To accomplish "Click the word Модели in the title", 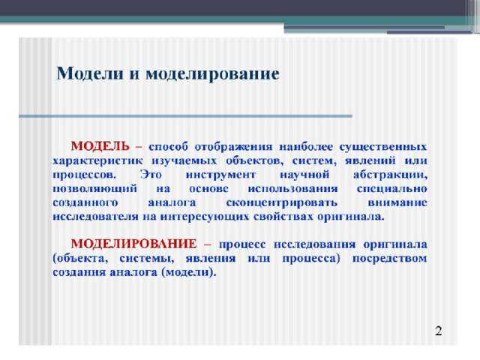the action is (90, 73).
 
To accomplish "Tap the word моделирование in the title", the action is (212, 74).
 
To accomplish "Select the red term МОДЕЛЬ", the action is (100, 146).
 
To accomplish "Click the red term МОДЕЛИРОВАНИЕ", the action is (133, 244).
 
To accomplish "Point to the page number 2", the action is (438, 331).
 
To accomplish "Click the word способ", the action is (168, 147).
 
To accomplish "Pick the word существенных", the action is (383, 147).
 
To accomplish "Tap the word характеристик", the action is (97, 160).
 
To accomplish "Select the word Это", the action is (151, 175).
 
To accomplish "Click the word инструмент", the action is (220, 175).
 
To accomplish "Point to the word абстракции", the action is (390, 175).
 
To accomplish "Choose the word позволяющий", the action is (94, 189).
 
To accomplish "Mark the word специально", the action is (391, 189).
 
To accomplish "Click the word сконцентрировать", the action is (282, 203).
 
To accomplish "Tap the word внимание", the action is (397, 202).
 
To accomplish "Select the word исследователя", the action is (95, 217).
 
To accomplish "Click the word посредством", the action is (390, 259).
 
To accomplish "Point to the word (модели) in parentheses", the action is (189, 272).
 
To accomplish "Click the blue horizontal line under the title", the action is (185, 116).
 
